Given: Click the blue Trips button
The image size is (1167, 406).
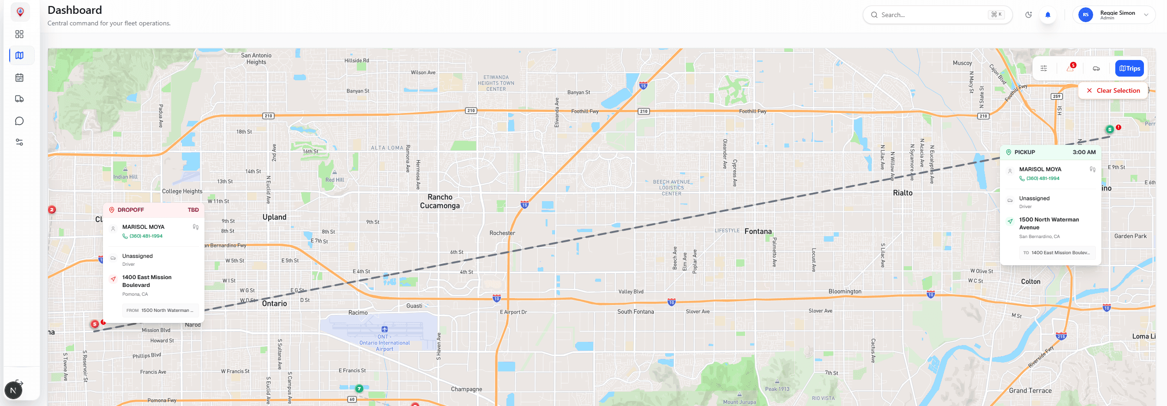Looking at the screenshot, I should click(x=1129, y=68).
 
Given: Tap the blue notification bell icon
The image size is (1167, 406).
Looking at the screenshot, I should click(x=1048, y=15).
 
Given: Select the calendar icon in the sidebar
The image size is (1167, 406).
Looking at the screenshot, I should click(x=19, y=78).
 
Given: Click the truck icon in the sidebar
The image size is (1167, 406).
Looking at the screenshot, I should click(x=19, y=99).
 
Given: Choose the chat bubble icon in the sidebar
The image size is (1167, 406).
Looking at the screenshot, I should click(x=19, y=121).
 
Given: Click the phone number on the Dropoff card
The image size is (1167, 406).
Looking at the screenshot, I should click(x=146, y=236).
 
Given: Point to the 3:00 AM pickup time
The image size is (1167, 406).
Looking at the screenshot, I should click(x=1084, y=152).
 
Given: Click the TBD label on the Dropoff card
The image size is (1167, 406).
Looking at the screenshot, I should click(x=193, y=210).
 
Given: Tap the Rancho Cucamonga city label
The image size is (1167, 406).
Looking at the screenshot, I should click(x=439, y=201).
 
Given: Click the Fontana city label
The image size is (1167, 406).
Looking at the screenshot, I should click(x=758, y=231).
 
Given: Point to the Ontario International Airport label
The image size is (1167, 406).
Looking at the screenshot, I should click(x=385, y=343).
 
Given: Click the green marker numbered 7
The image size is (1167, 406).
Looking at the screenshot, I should click(x=359, y=388).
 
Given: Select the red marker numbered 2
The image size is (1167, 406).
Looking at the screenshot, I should click(x=52, y=209).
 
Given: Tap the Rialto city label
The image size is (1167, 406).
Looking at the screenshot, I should click(x=902, y=193).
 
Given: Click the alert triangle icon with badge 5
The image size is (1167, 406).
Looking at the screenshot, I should click(x=1070, y=68).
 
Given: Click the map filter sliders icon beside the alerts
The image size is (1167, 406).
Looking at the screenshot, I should click(x=1044, y=68).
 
